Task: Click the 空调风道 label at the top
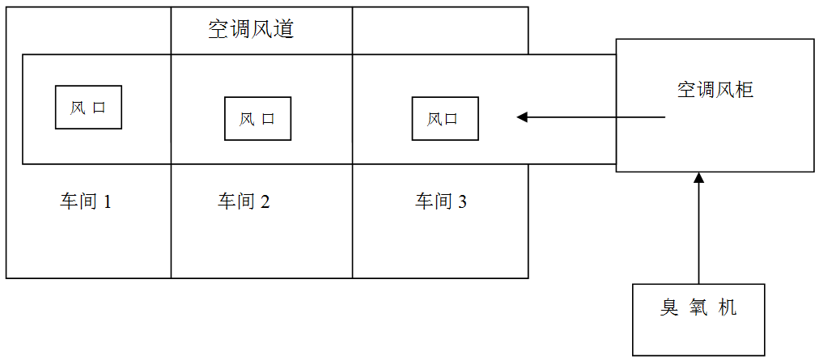(251, 31)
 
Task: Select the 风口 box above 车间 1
(88, 108)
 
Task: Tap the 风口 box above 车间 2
(257, 119)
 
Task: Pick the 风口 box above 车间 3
(444, 119)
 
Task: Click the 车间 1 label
(85, 201)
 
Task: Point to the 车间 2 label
(244, 201)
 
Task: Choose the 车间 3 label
(441, 201)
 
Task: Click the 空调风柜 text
(715, 90)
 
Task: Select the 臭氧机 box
(698, 319)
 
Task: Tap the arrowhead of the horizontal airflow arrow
(522, 117)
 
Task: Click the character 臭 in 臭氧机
(668, 308)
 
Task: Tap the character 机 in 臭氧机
(728, 308)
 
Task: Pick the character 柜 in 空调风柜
(745, 90)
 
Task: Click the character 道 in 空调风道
(283, 31)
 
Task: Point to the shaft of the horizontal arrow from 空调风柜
(599, 117)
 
